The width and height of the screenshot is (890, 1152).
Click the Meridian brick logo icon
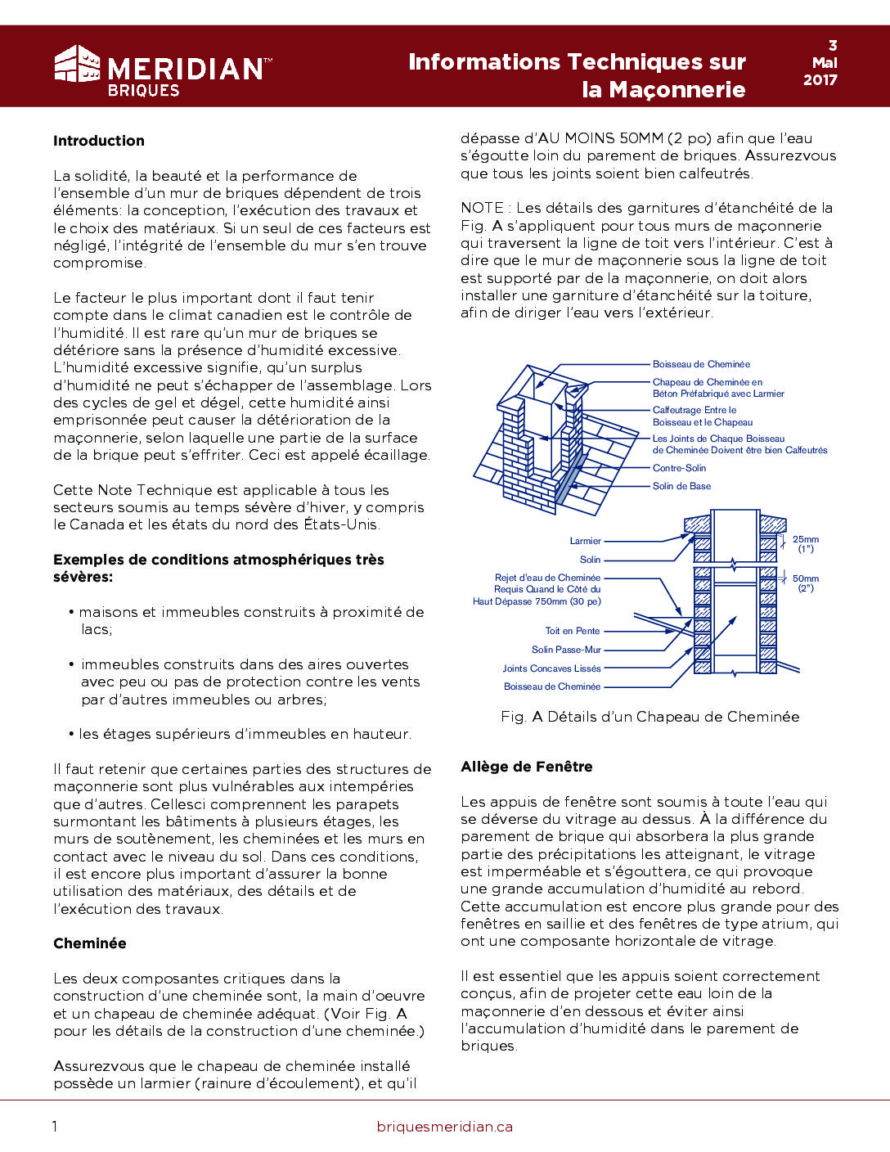(77, 64)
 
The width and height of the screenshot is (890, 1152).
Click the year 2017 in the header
(820, 79)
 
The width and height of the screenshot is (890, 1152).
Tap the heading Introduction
(99, 141)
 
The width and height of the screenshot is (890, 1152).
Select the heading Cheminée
(90, 943)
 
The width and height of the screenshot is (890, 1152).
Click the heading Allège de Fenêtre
(527, 767)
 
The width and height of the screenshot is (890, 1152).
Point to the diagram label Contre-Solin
(679, 468)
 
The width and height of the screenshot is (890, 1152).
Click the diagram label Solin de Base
(681, 486)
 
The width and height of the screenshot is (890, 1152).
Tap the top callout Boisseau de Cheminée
(701, 364)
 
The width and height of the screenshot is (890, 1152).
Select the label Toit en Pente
(573, 631)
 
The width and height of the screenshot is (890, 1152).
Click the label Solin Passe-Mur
(566, 650)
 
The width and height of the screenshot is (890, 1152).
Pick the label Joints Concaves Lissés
(551, 668)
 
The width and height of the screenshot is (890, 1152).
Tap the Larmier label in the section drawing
(586, 541)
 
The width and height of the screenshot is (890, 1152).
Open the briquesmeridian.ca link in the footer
(445, 1127)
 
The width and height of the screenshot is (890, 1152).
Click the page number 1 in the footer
(55, 1127)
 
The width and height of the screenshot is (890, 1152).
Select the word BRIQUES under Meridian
(143, 91)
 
